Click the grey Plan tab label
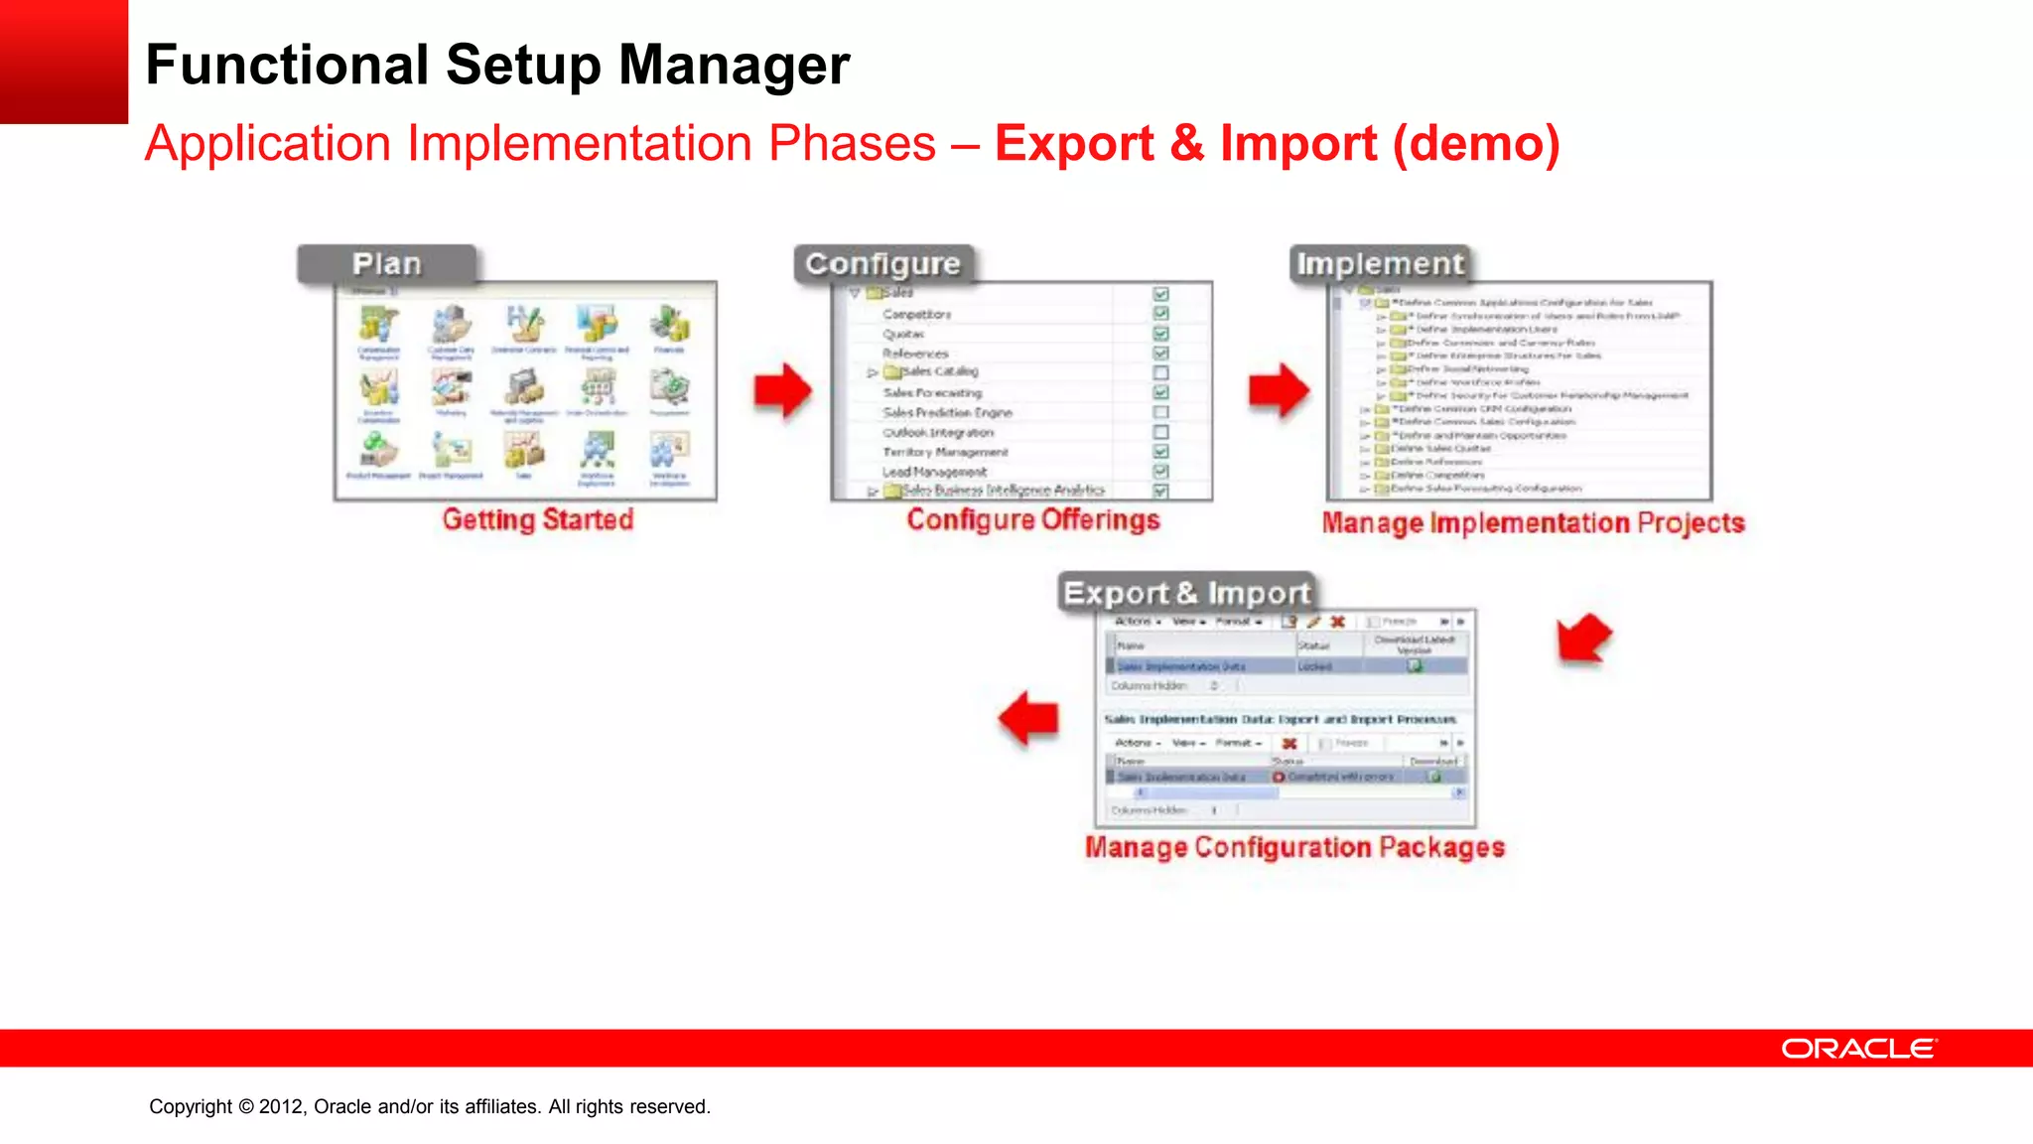[387, 264]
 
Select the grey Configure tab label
[882, 264]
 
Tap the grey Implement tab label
[1380, 264]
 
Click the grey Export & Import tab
[1186, 593]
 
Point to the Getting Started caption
[537, 519]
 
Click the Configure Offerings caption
[1032, 519]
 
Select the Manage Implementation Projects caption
[1533, 523]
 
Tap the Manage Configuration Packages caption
[1294, 847]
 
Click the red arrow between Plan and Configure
[782, 390]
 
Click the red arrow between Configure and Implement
[1279, 390]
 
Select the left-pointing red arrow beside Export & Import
[1028, 718]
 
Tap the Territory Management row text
[945, 452]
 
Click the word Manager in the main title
[734, 66]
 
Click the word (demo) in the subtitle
[1475, 143]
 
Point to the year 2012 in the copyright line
[281, 1106]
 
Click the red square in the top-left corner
[64, 61]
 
